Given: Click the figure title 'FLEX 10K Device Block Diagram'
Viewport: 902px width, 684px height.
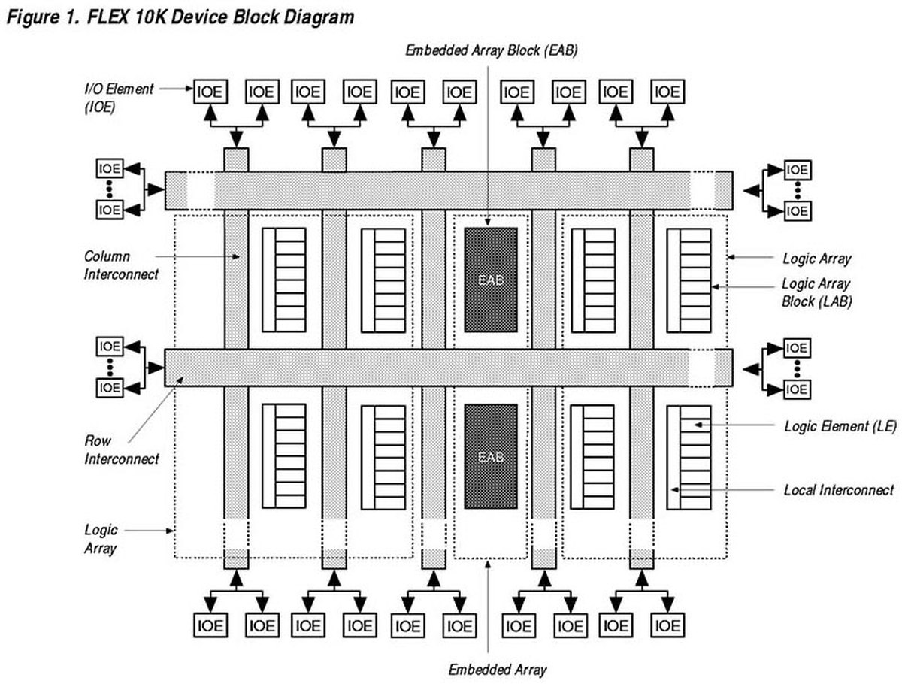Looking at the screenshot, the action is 220,17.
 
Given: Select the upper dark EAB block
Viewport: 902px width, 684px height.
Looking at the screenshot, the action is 491,280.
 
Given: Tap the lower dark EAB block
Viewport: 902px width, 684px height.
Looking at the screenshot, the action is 491,456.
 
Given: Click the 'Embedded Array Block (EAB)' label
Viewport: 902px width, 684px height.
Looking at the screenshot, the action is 492,50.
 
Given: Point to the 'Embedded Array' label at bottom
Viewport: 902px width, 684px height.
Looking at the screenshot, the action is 498,670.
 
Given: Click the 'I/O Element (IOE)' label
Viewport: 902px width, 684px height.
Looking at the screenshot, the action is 119,98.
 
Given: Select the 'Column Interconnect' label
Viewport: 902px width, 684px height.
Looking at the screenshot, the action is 121,265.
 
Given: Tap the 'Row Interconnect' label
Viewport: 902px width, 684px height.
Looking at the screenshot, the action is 121,449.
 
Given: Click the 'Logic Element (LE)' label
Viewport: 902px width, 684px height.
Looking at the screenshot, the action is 840,426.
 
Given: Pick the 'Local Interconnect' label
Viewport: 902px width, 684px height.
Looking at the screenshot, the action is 839,489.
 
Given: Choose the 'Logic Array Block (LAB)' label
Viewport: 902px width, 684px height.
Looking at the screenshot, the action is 816,292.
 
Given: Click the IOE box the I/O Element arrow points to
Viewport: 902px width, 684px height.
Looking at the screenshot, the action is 210,92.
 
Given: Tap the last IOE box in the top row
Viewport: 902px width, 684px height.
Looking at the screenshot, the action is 667,92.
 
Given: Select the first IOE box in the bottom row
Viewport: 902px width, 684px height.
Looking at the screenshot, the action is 210,625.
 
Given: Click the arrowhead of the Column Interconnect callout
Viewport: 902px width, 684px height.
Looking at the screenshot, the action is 236,257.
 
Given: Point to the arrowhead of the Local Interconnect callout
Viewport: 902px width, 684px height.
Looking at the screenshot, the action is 675,489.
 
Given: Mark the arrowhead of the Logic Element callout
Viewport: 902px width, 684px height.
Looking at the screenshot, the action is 698,425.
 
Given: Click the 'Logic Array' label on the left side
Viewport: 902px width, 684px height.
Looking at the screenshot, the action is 101,539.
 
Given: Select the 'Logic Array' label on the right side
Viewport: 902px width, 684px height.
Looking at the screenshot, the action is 817,259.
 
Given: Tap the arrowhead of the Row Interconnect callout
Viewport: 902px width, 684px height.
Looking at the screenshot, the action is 180,380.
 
